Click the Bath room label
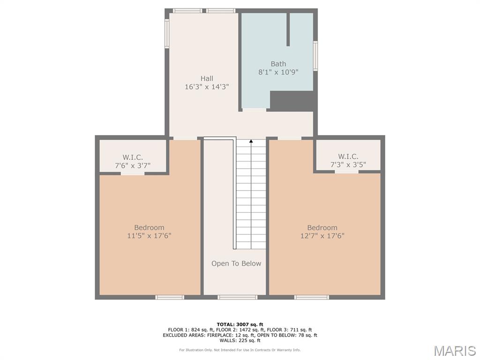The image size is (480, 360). click(x=278, y=64)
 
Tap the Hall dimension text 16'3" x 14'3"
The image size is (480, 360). click(x=207, y=87)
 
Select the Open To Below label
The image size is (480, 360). click(x=236, y=263)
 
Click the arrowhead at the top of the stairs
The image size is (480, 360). click(x=251, y=141)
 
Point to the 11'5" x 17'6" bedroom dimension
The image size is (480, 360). click(x=149, y=236)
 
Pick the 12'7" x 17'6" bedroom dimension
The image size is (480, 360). click(x=322, y=236)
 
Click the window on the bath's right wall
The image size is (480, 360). click(x=315, y=56)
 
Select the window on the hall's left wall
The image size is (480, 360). click(x=167, y=33)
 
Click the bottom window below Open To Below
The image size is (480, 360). click(x=238, y=297)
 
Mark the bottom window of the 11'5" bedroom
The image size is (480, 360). click(x=170, y=297)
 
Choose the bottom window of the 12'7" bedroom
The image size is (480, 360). click(x=312, y=297)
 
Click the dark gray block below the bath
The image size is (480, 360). click(x=293, y=101)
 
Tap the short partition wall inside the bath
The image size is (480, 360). click(x=288, y=30)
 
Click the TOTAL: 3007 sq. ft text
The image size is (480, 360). click(x=240, y=324)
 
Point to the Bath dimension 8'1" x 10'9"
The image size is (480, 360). click(x=278, y=72)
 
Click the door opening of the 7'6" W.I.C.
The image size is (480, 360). click(x=133, y=173)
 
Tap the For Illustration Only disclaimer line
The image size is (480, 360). click(x=240, y=350)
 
